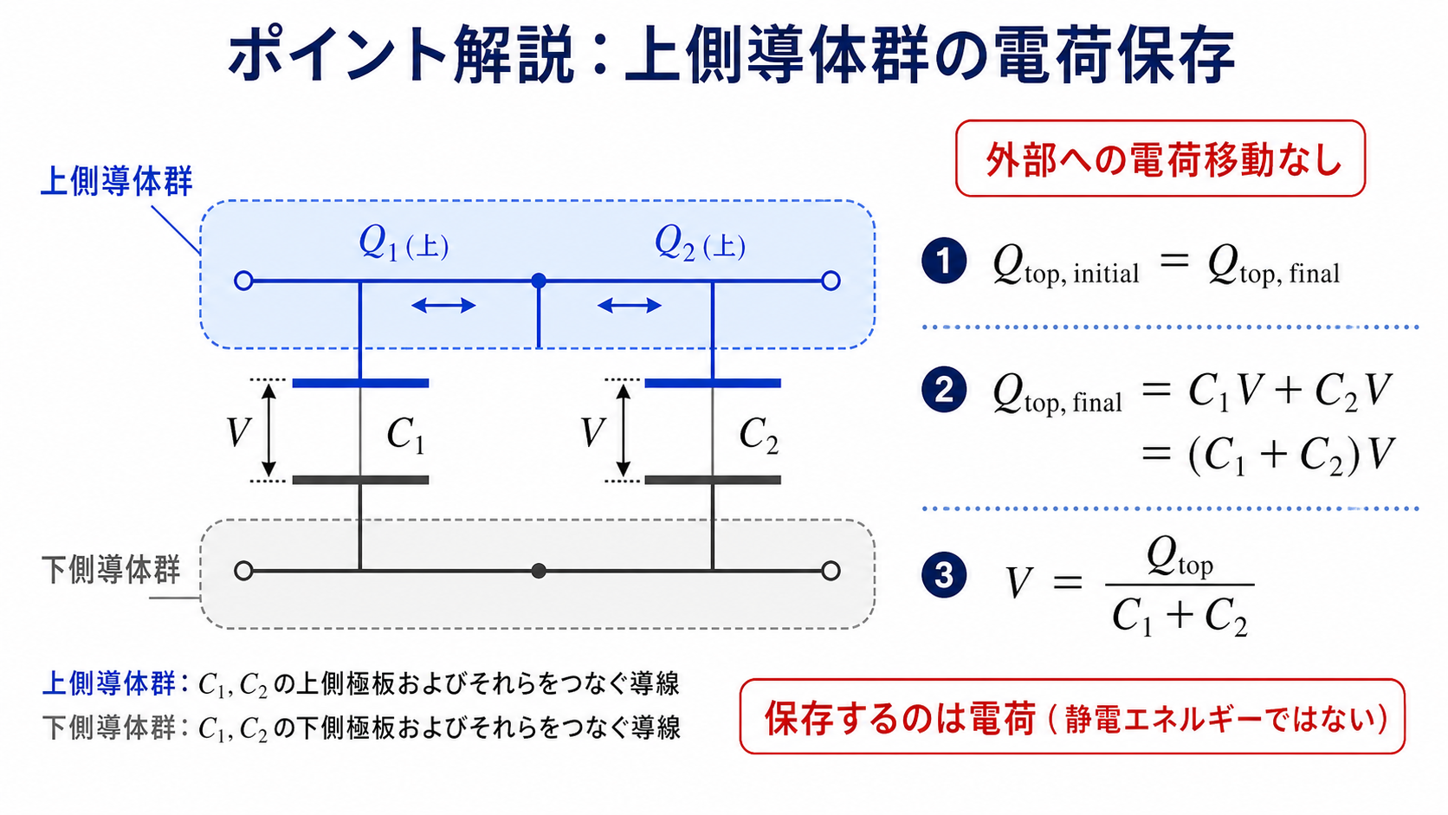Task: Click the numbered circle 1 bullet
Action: pyautogui.click(x=944, y=261)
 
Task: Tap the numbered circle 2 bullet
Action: pyautogui.click(x=944, y=390)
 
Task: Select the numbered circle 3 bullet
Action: pyautogui.click(x=944, y=574)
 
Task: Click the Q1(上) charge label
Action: pyautogui.click(x=404, y=244)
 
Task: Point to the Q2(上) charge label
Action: pyautogui.click(x=700, y=244)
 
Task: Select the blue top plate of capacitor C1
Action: pyautogui.click(x=361, y=384)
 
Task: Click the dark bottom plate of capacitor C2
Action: pyautogui.click(x=713, y=480)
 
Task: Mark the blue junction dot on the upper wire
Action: pyautogui.click(x=539, y=281)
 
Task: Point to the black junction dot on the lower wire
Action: pyautogui.click(x=539, y=571)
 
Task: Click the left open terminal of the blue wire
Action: pyautogui.click(x=243, y=281)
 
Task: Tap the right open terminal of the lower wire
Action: pyautogui.click(x=831, y=571)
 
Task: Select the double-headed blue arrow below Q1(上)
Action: pyautogui.click(x=443, y=305)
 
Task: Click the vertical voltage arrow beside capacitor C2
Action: pyautogui.click(x=624, y=430)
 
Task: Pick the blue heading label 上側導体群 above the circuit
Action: pyautogui.click(x=116, y=181)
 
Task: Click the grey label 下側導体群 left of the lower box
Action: pyautogui.click(x=111, y=569)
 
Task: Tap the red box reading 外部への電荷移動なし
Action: pyautogui.click(x=1160, y=158)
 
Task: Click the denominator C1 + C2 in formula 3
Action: pyautogui.click(x=1180, y=617)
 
